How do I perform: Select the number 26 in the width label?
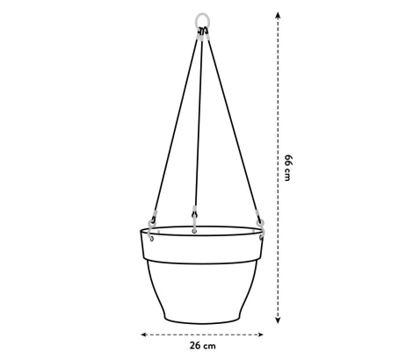pos(194,346)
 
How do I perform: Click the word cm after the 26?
pos(212,346)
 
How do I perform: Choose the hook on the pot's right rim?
pos(259,220)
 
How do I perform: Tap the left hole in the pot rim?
pos(151,235)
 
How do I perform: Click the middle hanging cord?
pos(199,123)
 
